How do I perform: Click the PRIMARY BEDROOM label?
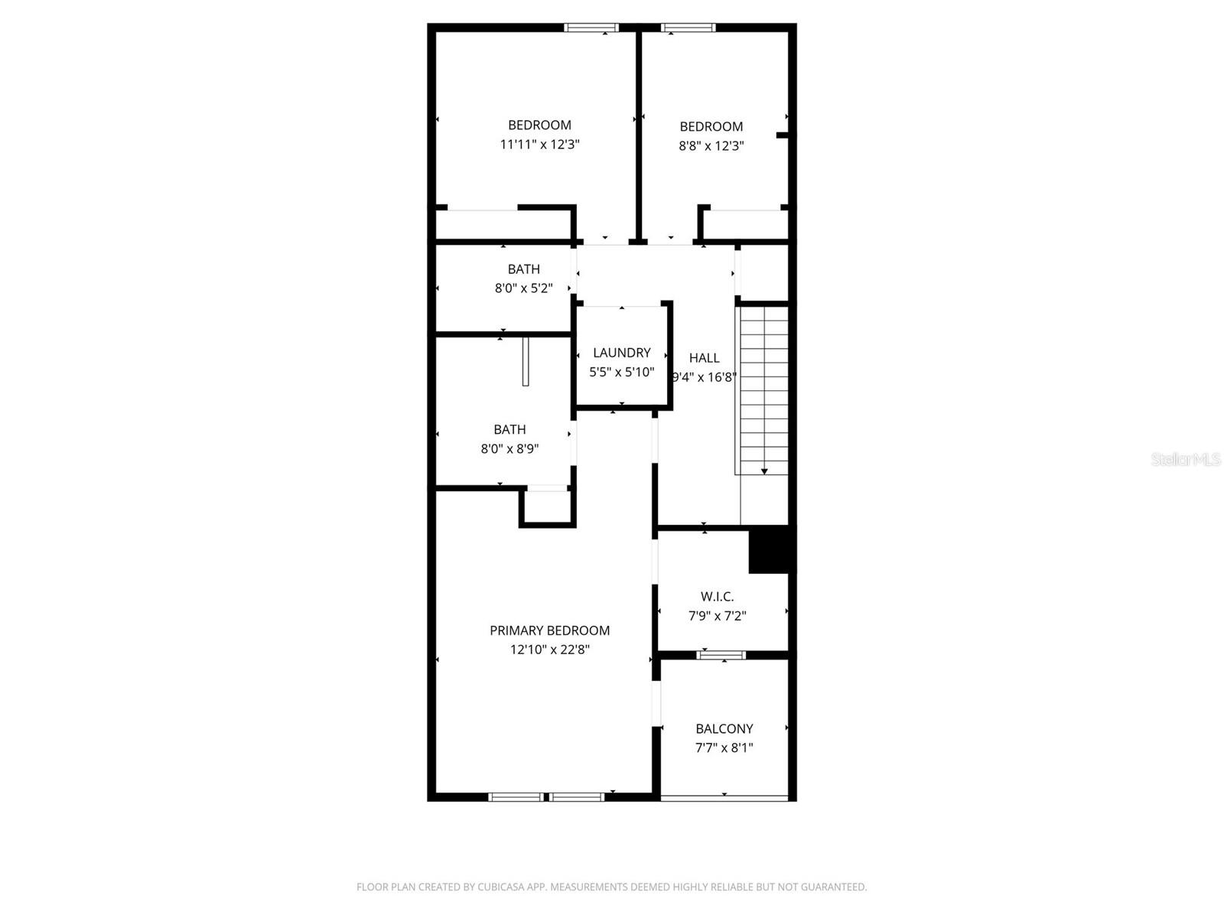[x=549, y=630]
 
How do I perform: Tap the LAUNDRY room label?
[x=621, y=353]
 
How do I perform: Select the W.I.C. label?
[x=717, y=596]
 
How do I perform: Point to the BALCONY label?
[x=724, y=729]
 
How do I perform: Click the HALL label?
[x=704, y=357]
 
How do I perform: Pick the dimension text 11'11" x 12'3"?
[x=539, y=144]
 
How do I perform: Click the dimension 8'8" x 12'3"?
[x=711, y=145]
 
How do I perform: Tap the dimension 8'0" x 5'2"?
[x=523, y=288]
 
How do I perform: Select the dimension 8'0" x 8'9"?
[x=509, y=449]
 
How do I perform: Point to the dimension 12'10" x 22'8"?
[x=549, y=650]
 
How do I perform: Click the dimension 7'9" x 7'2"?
[x=717, y=616]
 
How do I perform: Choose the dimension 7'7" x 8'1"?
[x=724, y=748]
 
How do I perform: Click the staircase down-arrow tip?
[x=763, y=471]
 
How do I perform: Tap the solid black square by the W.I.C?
[x=771, y=550]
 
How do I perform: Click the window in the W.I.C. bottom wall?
[x=721, y=655]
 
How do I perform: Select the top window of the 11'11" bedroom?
[x=591, y=28]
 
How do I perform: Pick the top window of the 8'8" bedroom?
[x=688, y=28]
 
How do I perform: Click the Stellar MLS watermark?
[x=1186, y=459]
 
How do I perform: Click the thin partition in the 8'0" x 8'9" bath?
[x=526, y=361]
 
